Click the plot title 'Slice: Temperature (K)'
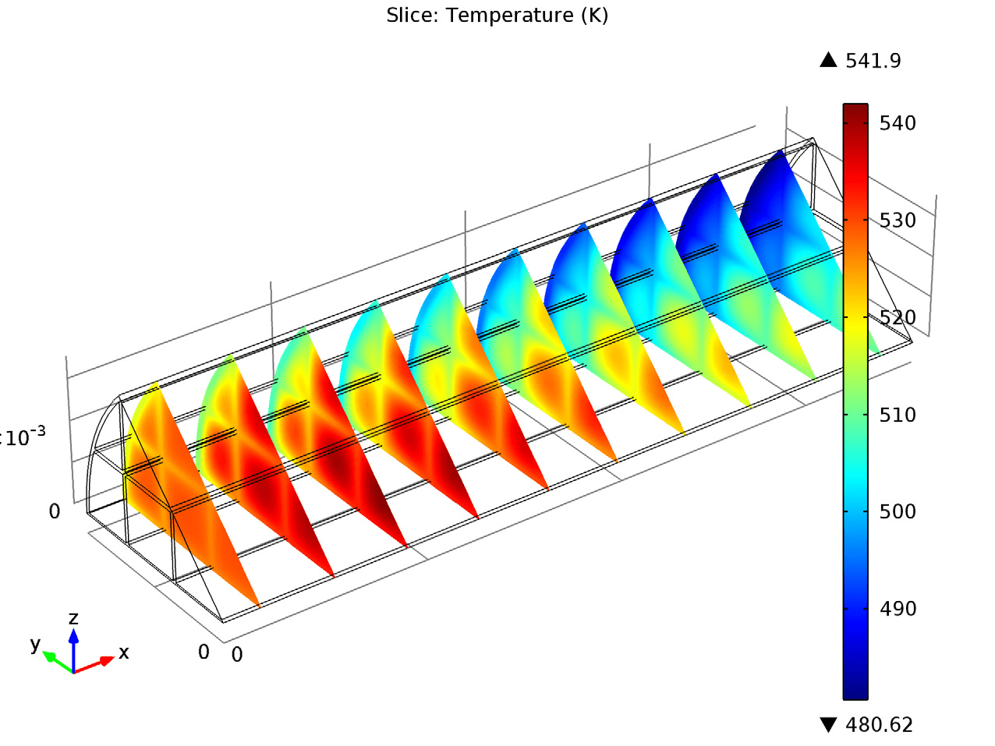(x=497, y=15)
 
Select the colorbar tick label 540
(x=898, y=123)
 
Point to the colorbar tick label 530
(x=898, y=221)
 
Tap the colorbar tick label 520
(x=898, y=317)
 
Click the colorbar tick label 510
(x=898, y=415)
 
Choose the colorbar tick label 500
(x=898, y=511)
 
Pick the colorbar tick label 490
(x=898, y=609)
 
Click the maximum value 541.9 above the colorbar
(x=873, y=61)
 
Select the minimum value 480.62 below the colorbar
(x=879, y=725)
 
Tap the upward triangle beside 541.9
(x=828, y=60)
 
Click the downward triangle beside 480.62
(x=828, y=725)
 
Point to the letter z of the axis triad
(x=73, y=618)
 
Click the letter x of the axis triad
(x=124, y=652)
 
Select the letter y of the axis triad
(x=35, y=644)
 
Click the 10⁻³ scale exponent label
(x=25, y=437)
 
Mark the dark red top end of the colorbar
(x=855, y=109)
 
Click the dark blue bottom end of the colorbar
(x=855, y=693)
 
